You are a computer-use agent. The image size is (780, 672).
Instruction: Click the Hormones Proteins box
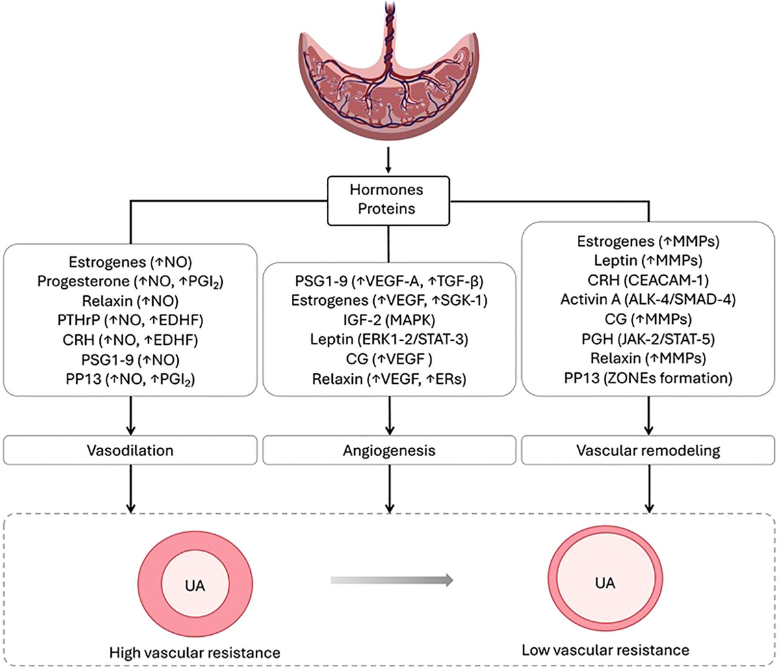click(387, 200)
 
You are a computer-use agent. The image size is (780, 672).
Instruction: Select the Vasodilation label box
click(130, 450)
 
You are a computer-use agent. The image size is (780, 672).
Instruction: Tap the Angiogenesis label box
click(389, 450)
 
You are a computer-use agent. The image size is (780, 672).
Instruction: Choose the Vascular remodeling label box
click(648, 450)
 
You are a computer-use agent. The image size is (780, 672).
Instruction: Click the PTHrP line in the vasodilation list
click(130, 321)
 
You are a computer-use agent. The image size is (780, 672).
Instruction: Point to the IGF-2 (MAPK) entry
click(389, 320)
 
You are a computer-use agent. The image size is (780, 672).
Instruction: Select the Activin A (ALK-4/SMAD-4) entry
click(648, 299)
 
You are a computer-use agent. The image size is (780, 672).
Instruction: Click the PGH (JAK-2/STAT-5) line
click(648, 338)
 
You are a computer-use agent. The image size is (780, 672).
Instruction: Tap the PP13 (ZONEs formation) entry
click(648, 377)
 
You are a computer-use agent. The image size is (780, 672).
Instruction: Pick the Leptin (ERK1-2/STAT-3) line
click(389, 340)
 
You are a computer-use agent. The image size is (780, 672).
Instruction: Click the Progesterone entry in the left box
click(130, 282)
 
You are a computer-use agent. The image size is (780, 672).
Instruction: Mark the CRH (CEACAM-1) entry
click(648, 280)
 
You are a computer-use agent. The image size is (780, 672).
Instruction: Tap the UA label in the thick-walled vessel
click(194, 585)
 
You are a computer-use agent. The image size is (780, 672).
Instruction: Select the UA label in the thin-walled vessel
click(604, 582)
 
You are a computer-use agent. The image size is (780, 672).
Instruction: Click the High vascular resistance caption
click(194, 652)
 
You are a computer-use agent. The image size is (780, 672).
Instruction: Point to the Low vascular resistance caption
click(605, 650)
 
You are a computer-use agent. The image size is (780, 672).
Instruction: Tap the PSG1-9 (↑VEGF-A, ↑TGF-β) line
click(389, 281)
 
